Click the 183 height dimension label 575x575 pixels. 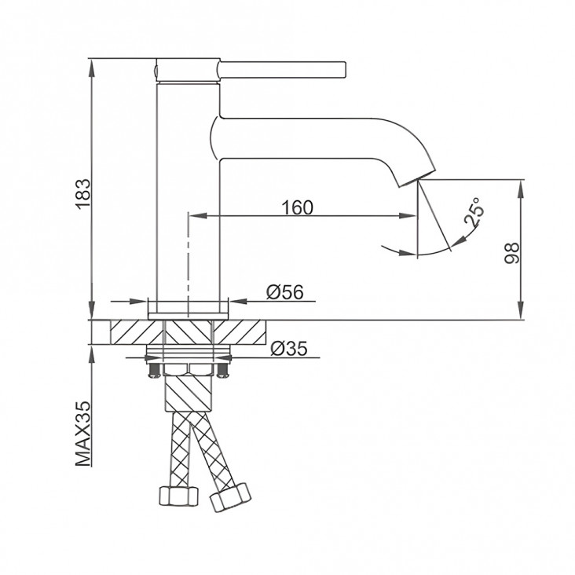coord(83,194)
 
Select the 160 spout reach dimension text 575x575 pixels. coord(298,207)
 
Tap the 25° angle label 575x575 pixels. coord(474,212)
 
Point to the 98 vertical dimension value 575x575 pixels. coord(512,253)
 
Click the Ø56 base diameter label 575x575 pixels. coord(285,292)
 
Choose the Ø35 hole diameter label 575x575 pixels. coord(288,348)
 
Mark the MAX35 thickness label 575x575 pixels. coord(83,434)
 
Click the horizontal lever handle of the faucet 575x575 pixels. coord(282,70)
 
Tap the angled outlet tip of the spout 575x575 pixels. coord(417,178)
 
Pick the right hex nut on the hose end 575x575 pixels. coord(231,497)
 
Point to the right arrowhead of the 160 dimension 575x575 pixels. coord(408,216)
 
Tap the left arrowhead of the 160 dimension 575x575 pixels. coord(197,216)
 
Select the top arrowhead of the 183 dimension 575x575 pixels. coord(92,68)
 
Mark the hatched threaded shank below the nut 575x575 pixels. coord(189,393)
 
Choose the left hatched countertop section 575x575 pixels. coord(136,332)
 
